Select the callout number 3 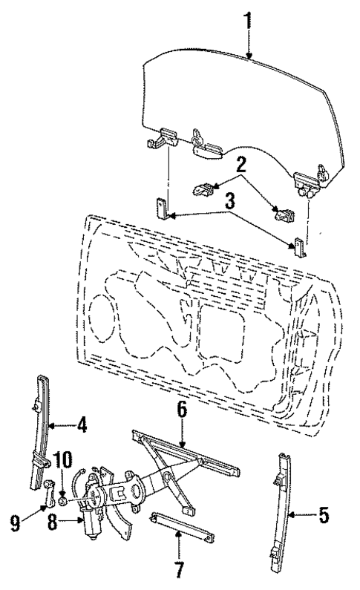(x=231, y=200)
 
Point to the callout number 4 (x=82, y=426)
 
